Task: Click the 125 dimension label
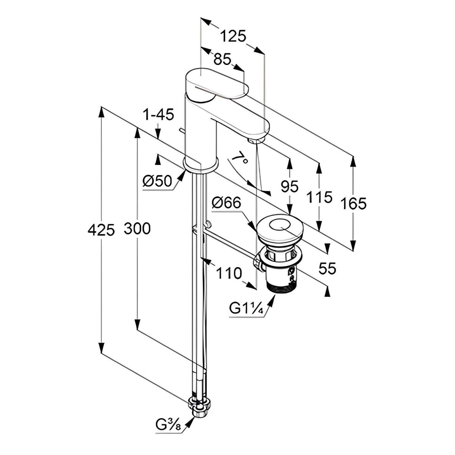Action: coord(233,36)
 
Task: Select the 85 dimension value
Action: coord(222,59)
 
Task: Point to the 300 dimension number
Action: coord(137,229)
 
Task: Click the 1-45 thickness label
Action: coord(158,115)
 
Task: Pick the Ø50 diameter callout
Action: coord(157,181)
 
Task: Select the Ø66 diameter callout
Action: coord(226,203)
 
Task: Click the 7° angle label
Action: coord(239,157)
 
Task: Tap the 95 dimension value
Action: coord(289,186)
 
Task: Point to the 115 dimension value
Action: coord(319,197)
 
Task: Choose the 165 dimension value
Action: coord(353,203)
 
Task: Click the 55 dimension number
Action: coord(328,268)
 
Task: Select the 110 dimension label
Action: coord(229,273)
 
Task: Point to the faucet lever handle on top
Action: coord(217,83)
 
